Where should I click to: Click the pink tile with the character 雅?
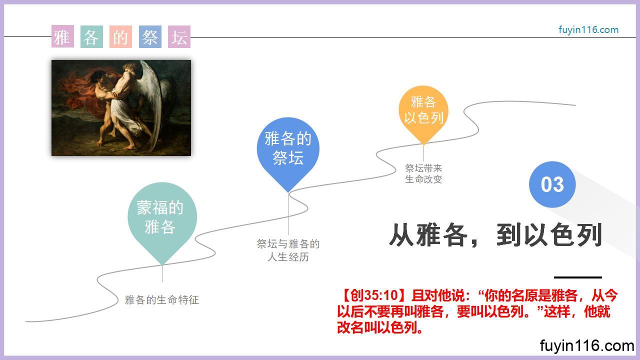(62, 36)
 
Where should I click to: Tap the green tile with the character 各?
(91, 36)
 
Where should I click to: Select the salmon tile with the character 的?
(120, 36)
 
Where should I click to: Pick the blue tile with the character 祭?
(150, 36)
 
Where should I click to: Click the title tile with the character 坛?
(179, 36)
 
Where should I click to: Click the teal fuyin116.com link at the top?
(588, 30)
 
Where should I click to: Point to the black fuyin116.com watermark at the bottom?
(587, 345)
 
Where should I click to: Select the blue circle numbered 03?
(552, 184)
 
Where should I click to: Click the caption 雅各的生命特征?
(162, 299)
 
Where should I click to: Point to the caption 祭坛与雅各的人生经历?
(288, 250)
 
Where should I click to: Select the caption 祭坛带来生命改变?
(423, 173)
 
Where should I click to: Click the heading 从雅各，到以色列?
(495, 235)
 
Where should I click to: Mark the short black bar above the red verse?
(577, 277)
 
